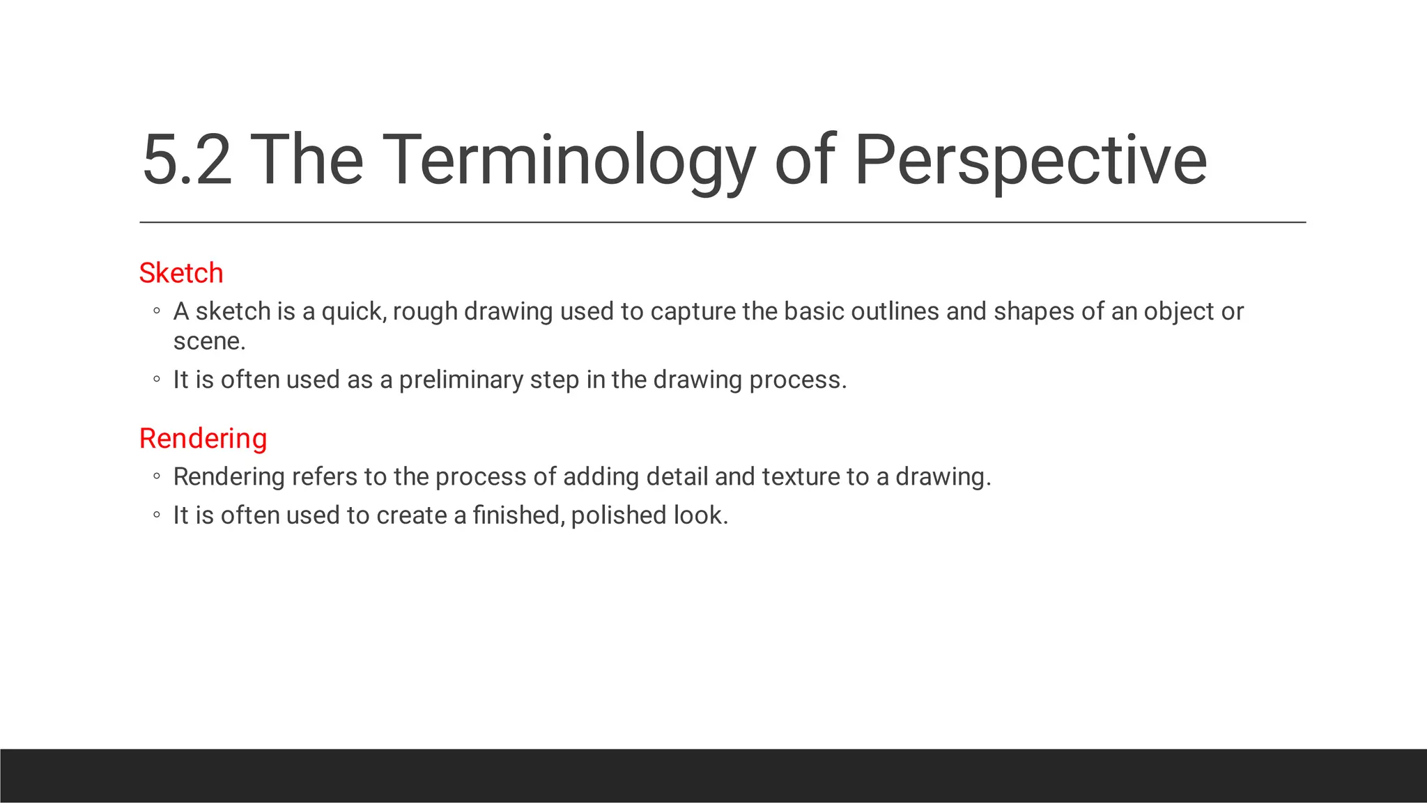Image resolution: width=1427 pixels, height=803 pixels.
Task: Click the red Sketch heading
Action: coord(181,273)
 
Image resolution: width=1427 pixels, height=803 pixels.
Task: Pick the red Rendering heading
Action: coord(203,439)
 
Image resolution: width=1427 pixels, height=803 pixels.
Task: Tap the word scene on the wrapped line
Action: coord(208,341)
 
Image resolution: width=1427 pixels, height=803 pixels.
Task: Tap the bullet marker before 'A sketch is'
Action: coord(157,311)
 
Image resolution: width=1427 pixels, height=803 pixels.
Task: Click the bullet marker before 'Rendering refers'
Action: coord(157,477)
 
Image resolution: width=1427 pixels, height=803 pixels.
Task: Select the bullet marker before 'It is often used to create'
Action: coord(157,515)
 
